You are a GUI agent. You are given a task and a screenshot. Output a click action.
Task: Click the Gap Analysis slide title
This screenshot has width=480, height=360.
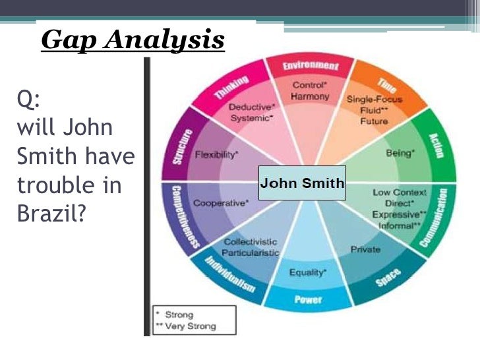133,40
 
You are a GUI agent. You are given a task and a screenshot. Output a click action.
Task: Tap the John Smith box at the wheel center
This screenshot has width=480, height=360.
302,183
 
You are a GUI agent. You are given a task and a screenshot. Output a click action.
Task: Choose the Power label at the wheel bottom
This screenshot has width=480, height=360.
308,300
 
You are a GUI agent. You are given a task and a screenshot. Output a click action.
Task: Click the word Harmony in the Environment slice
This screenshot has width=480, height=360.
309,97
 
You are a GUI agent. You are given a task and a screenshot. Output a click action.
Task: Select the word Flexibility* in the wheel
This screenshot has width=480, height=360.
217,154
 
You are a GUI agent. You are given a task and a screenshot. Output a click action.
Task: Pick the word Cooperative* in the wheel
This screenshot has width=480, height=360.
221,203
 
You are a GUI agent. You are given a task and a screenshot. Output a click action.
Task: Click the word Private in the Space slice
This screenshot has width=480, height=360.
365,249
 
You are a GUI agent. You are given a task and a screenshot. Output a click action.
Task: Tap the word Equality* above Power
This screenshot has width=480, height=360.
308,272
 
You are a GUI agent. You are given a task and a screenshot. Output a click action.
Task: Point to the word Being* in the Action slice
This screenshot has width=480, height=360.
400,153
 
